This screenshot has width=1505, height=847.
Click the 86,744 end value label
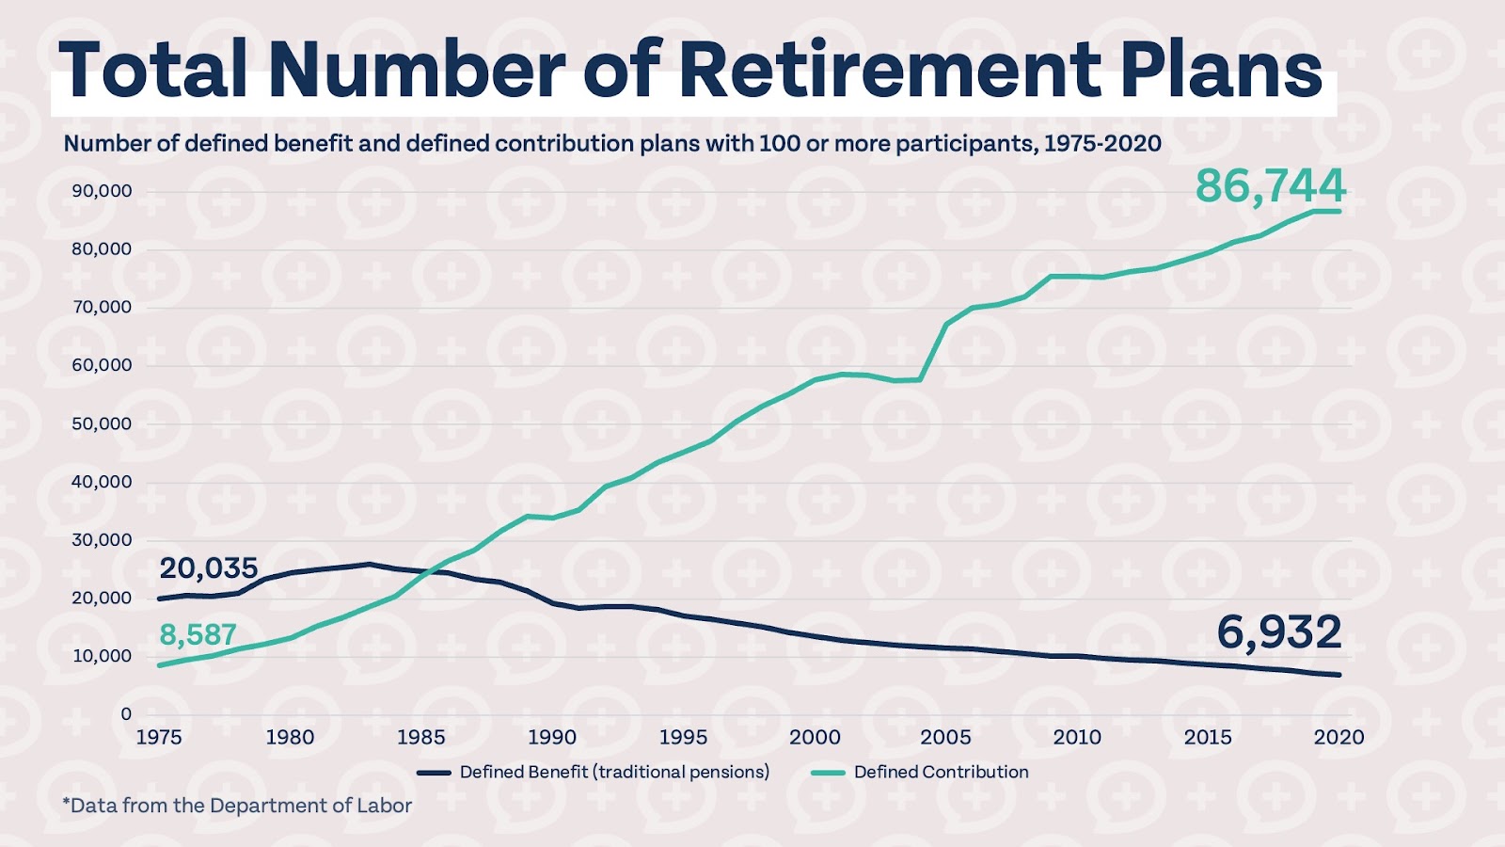pos(1270,185)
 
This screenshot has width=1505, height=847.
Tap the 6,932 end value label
pos(1278,632)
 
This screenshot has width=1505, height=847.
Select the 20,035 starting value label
pos(208,568)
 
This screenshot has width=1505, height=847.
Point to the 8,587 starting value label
pos(198,635)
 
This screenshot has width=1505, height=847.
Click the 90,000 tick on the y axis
pos(102,191)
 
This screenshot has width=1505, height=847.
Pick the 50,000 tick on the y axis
pos(102,423)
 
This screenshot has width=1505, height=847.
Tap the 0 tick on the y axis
pos(126,713)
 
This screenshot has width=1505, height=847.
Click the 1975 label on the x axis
pos(159,737)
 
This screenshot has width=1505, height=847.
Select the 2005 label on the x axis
pos(945,737)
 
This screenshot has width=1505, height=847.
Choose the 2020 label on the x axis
pos(1339,737)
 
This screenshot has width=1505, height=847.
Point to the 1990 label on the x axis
pos(552,737)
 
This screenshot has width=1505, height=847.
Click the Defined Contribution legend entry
pos(941,772)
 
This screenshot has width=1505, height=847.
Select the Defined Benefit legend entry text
pos(614,772)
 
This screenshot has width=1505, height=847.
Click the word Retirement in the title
pos(889,71)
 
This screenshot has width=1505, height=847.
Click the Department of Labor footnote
pos(237,806)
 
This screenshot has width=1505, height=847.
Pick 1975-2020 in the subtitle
pos(1102,144)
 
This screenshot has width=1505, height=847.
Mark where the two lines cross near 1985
pos(429,570)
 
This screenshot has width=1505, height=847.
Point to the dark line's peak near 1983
pos(369,565)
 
